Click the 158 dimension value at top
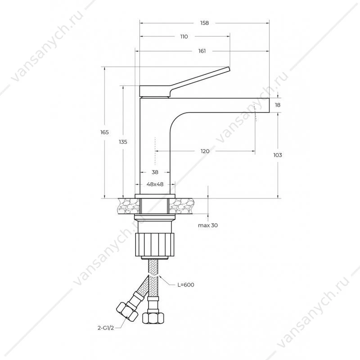tap(204, 23)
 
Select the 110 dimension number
tap(184, 36)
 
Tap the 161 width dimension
tap(202, 51)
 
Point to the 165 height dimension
tap(104, 132)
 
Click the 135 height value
tap(123, 142)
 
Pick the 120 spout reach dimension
tap(205, 151)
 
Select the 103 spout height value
tap(278, 155)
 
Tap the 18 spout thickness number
tap(278, 105)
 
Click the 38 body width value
tap(155, 172)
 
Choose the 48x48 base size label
tap(155, 184)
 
